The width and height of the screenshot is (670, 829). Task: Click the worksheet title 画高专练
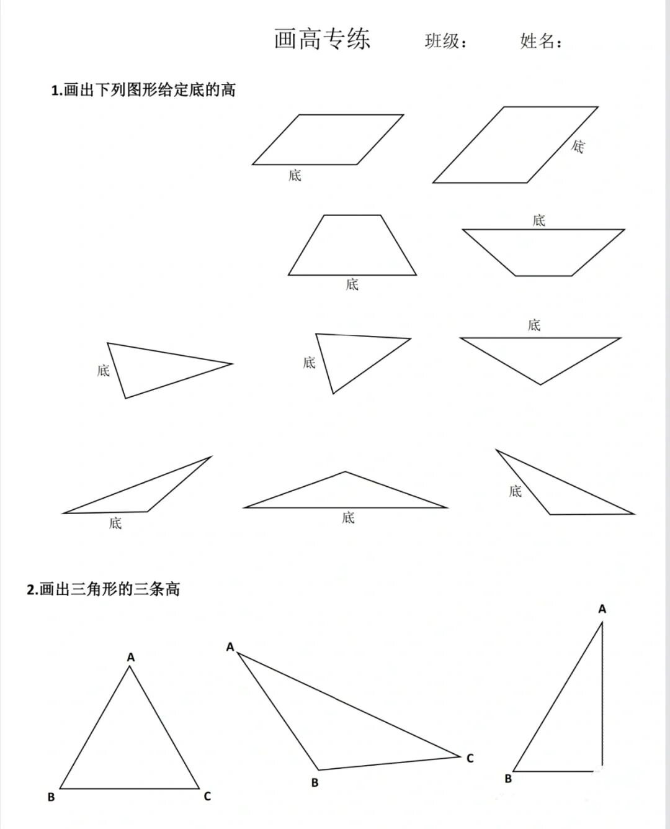322,39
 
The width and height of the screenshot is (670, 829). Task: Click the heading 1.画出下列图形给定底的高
143,90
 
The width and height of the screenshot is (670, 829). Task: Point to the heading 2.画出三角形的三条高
103,589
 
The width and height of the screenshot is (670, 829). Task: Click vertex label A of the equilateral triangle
131,657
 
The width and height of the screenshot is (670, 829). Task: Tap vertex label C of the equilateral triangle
207,796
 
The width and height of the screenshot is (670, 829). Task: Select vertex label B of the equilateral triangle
51,797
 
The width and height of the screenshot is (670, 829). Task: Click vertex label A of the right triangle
602,609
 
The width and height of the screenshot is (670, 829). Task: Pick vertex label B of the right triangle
508,779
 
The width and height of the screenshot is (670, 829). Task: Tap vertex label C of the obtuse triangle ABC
470,758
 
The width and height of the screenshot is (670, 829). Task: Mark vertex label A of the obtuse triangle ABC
230,647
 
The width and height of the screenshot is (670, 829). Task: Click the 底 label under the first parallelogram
295,175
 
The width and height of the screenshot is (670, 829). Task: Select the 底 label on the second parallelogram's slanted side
578,147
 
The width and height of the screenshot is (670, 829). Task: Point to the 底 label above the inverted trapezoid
538,220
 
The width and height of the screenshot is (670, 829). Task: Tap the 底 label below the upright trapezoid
352,284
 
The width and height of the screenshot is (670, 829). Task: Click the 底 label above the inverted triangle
534,325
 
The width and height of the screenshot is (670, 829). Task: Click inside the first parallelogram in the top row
328,140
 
